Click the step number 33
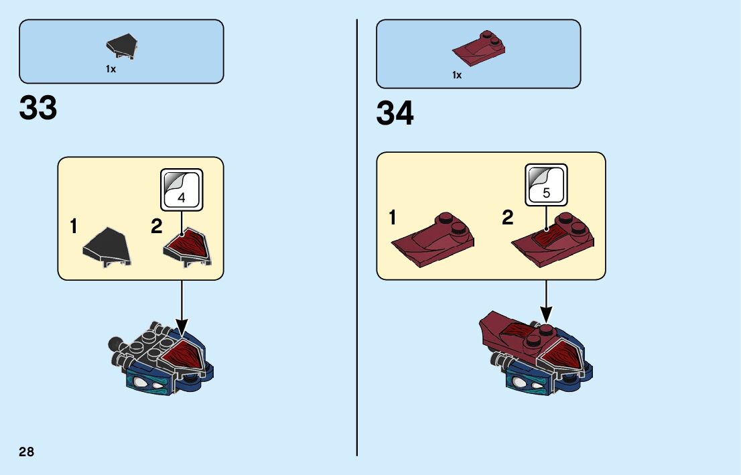tap(38, 108)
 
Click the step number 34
tap(395, 113)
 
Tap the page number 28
tap(26, 452)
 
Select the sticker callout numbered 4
tap(182, 190)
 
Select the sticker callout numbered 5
tap(546, 185)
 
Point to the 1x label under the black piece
tap(111, 69)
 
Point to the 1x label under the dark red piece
tap(456, 75)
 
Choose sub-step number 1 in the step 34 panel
tap(393, 218)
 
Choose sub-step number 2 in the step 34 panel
tap(508, 218)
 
